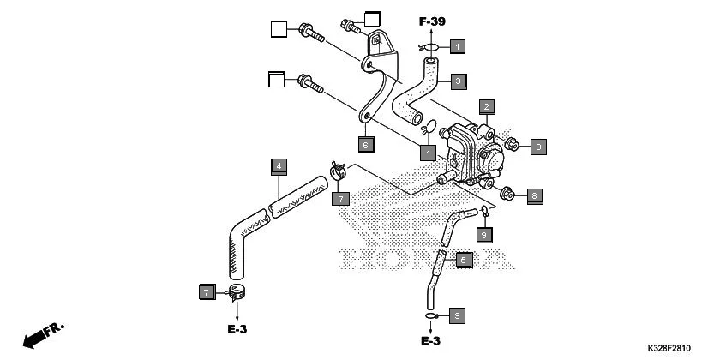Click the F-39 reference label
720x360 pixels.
click(432, 21)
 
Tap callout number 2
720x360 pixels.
click(485, 107)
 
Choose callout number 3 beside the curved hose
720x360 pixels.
click(459, 81)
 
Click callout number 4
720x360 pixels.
click(279, 165)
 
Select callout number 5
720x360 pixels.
click(463, 259)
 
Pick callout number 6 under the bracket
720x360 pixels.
click(364, 144)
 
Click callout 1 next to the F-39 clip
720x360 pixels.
click(459, 45)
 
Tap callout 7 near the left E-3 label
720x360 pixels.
click(206, 293)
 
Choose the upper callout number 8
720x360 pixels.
click(537, 147)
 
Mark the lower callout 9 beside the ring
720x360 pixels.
click(457, 315)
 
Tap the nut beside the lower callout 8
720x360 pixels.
click(506, 195)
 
